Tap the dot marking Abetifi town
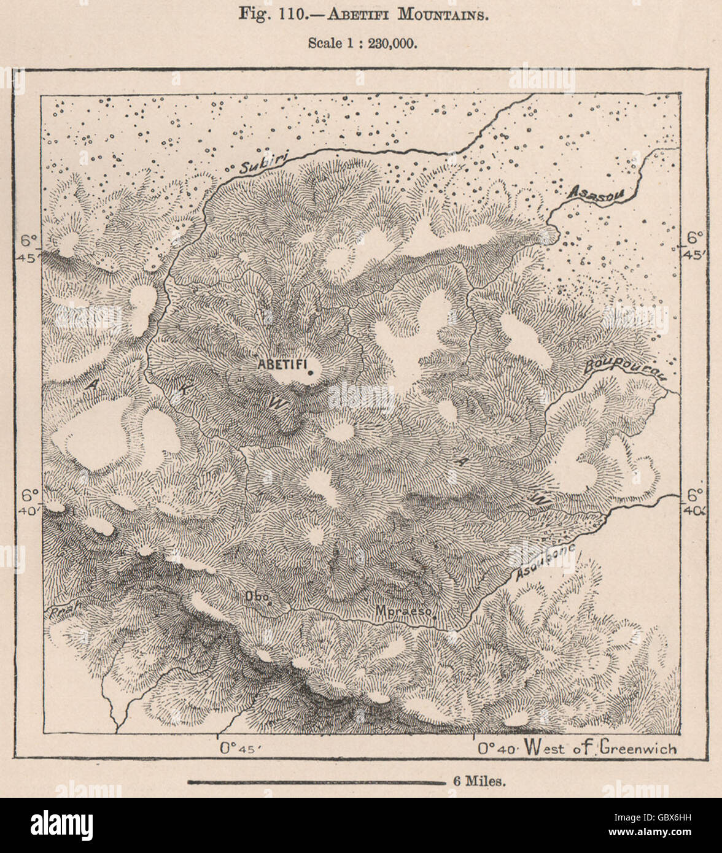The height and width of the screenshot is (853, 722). click(311, 372)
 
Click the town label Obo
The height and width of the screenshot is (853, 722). click(254, 596)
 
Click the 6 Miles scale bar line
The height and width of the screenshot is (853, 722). click(316, 782)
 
